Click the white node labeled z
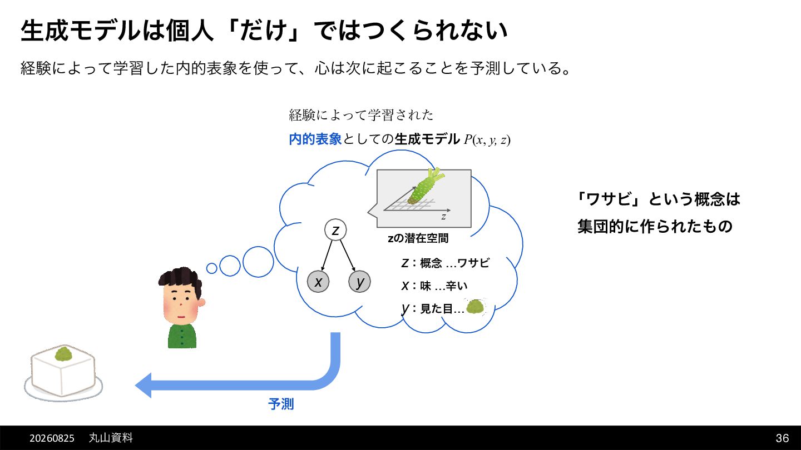[335, 230]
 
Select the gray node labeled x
[318, 282]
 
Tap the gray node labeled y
[359, 282]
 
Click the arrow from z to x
[327, 256]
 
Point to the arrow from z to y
[348, 256]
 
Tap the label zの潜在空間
[418, 238]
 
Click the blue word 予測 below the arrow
[281, 404]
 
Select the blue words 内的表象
[315, 139]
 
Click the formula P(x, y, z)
[487, 139]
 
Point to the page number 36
[783, 438]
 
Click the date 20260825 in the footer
[52, 438]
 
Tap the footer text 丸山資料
[111, 438]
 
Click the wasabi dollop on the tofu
[63, 353]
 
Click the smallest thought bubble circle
[212, 268]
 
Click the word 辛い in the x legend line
[457, 286]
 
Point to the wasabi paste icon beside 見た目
[475, 307]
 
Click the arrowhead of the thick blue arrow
[143, 386]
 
